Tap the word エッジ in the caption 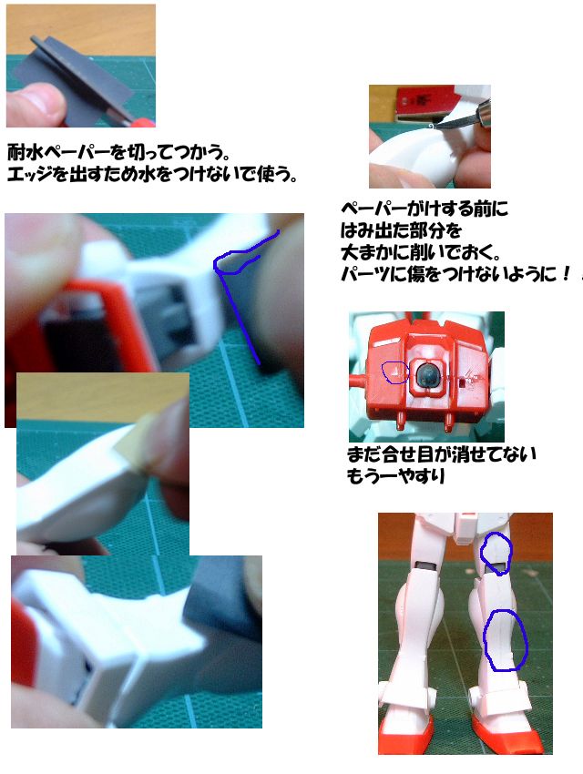(x=30, y=174)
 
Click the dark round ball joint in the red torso (x=426, y=374)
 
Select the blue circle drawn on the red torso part (x=396, y=372)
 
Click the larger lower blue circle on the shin (x=506, y=640)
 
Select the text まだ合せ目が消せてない (x=441, y=454)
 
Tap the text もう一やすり (x=396, y=476)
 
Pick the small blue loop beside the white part (x=236, y=260)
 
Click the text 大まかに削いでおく (x=421, y=252)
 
